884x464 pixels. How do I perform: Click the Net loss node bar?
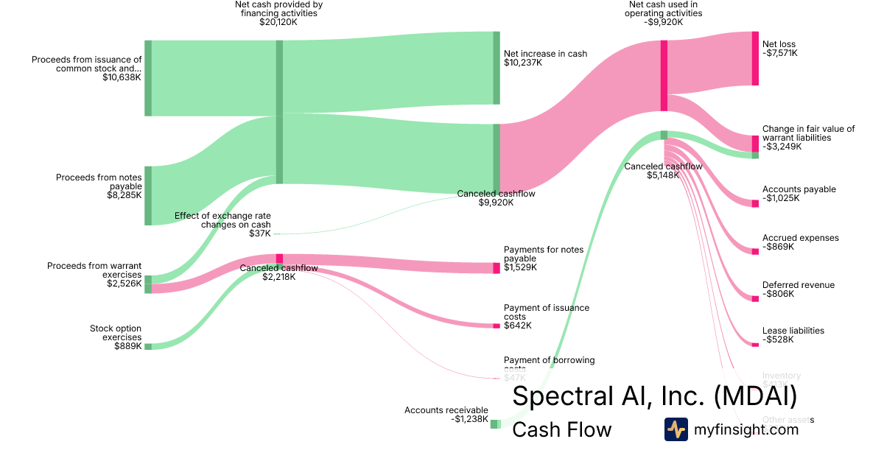coord(754,58)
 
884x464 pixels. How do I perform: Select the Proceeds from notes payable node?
coord(148,195)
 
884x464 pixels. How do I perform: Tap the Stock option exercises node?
coord(148,346)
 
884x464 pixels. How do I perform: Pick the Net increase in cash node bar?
coord(497,68)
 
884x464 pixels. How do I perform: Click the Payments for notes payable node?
coord(497,268)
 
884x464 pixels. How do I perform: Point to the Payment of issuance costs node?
coord(497,326)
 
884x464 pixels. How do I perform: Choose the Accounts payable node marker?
coord(755,203)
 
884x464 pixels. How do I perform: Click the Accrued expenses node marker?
coord(755,251)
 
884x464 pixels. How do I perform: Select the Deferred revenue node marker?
coord(755,298)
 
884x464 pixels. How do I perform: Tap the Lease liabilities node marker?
coord(755,344)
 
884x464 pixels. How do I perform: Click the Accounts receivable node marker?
coord(495,424)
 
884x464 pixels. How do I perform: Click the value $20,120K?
coord(278,23)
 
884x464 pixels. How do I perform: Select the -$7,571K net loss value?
coord(780,53)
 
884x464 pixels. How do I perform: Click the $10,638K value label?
coord(122,77)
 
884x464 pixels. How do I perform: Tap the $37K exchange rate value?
coord(260,233)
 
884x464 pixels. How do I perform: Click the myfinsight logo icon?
coord(676,429)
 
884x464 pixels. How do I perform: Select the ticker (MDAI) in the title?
coord(755,396)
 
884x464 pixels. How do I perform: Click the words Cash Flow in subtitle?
coord(561,430)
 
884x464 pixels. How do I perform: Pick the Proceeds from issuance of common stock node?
coord(148,78)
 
